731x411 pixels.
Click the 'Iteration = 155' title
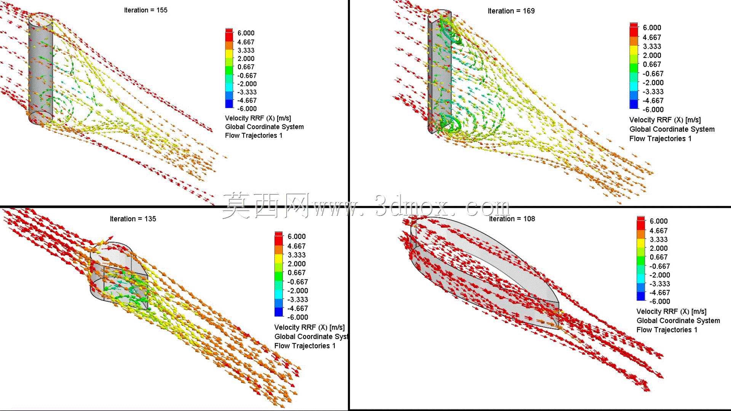point(145,10)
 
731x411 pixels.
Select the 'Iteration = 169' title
point(511,11)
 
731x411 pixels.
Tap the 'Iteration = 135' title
point(133,219)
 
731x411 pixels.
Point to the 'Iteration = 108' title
point(512,219)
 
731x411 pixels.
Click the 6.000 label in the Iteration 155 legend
point(246,33)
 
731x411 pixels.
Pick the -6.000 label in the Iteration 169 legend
point(653,110)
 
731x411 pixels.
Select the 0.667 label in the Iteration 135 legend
point(296,273)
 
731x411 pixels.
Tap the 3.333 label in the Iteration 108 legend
point(658,239)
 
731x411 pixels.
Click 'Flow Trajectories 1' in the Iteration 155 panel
point(254,135)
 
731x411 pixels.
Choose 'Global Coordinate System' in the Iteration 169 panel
point(672,129)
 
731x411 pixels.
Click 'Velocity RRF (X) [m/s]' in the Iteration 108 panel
point(671,311)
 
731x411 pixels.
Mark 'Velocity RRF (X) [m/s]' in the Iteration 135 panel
point(309,327)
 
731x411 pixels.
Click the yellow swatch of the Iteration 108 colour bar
point(641,244)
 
